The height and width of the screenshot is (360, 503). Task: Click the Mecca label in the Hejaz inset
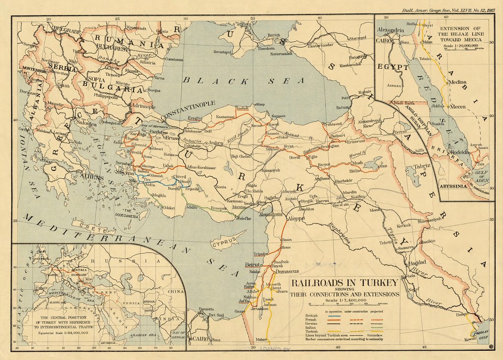pos(458,106)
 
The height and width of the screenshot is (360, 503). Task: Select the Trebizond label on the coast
pos(332,124)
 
